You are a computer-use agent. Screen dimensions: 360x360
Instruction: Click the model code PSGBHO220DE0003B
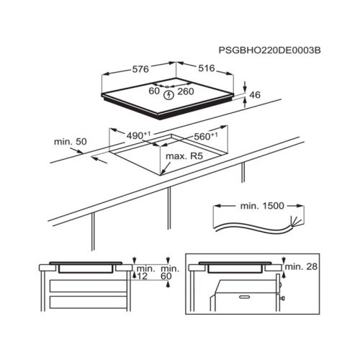pos(269,50)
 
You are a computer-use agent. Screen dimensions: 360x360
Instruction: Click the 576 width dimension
pos(141,69)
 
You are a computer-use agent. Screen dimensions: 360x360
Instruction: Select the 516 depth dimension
pos(207,68)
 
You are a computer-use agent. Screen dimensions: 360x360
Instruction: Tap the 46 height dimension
pos(255,95)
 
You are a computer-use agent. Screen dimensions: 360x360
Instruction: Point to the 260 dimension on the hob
pos(186,91)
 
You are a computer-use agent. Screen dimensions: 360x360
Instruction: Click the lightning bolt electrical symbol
pos(169,95)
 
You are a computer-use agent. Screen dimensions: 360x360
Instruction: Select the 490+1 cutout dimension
pos(138,136)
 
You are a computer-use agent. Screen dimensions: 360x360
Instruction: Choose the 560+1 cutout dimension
pos(206,136)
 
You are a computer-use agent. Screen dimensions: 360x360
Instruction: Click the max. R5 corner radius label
pos(184,156)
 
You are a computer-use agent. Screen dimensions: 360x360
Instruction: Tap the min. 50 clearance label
pos(71,142)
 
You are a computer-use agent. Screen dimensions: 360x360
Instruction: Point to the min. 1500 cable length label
pos(262,206)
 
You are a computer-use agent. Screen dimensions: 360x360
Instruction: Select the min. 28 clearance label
pos(301,266)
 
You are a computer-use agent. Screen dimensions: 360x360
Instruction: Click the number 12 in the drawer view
pos(142,276)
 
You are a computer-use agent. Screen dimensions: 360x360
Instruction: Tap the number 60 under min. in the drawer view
pos(166,276)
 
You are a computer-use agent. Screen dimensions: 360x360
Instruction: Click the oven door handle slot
pos(246,297)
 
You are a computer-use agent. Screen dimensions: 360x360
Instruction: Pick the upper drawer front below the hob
pos(89,286)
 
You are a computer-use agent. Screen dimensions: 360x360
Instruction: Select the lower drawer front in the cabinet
pos(89,302)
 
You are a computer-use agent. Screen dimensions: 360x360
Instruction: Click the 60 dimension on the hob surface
pos(154,91)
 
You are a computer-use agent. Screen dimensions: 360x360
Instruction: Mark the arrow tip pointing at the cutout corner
pos(161,173)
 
